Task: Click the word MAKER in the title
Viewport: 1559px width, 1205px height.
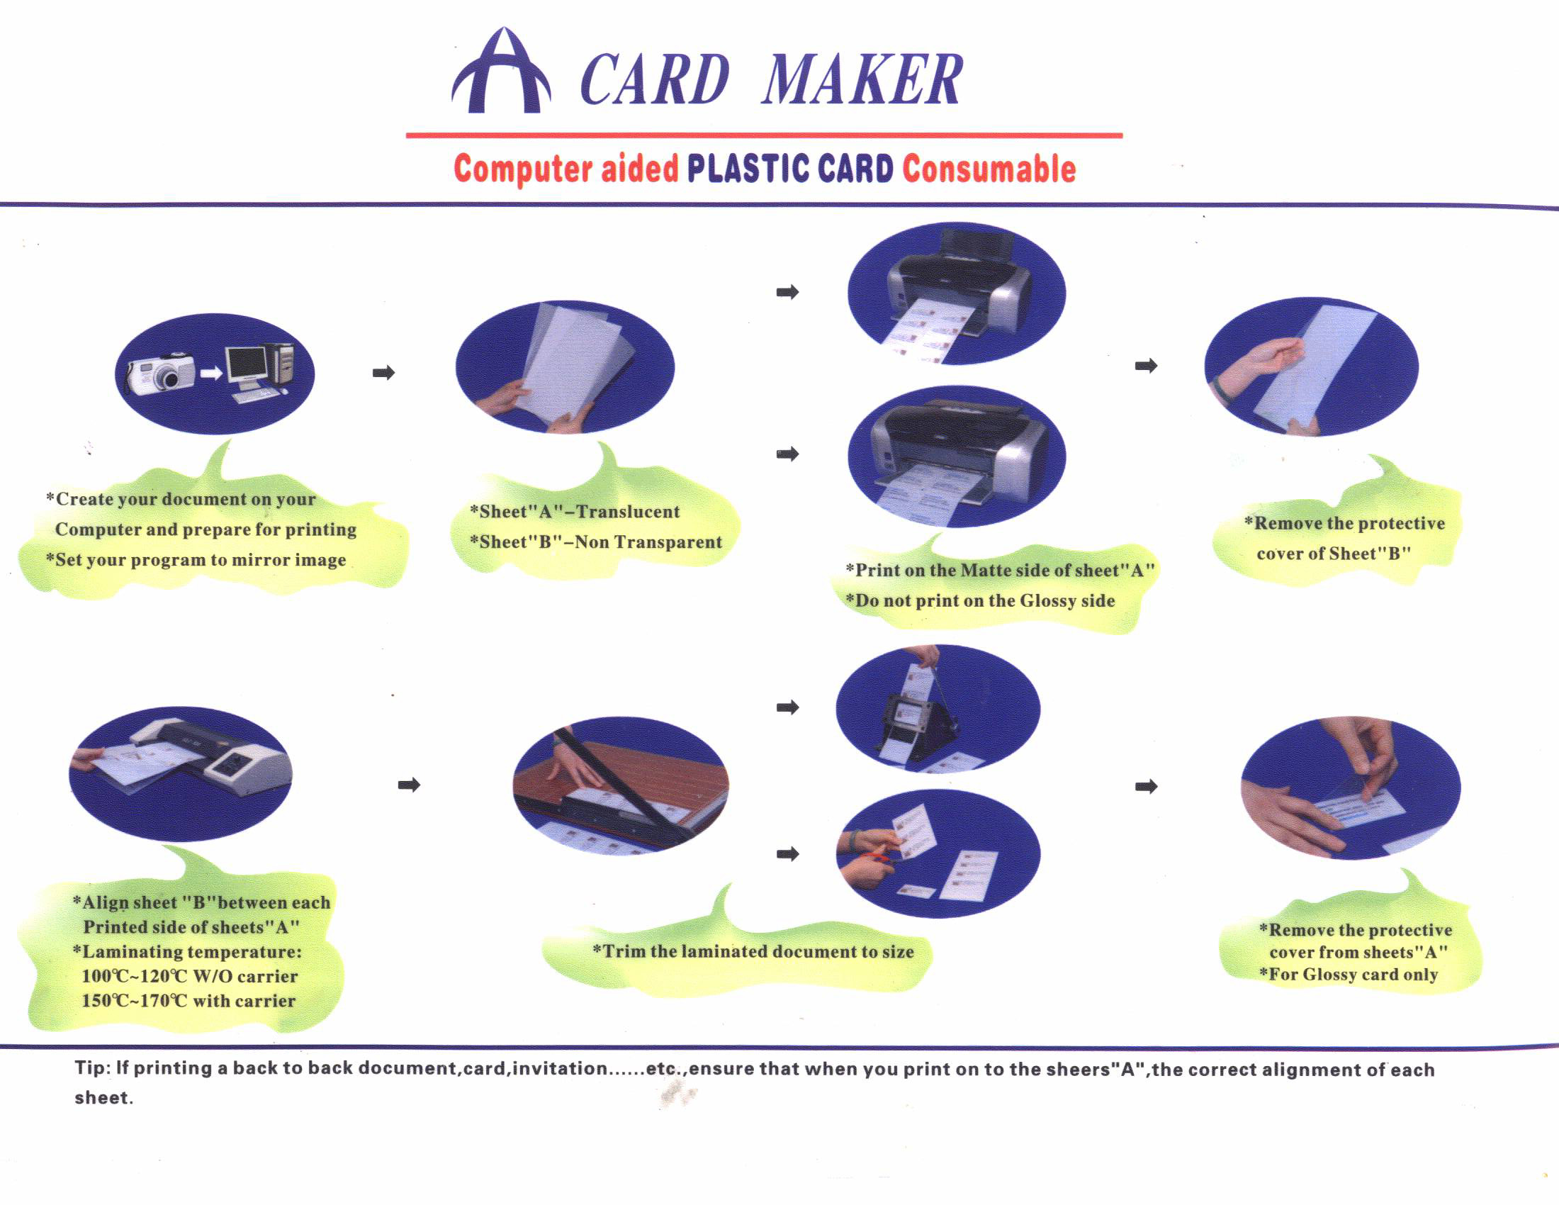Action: coord(862,80)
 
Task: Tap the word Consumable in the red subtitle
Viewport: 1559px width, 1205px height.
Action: coord(989,169)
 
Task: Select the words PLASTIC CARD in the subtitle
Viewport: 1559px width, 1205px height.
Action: coord(789,169)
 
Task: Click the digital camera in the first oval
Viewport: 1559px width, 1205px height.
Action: coord(162,373)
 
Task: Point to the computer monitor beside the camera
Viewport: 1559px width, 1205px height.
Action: coord(247,366)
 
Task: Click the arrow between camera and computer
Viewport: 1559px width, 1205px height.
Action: coord(210,374)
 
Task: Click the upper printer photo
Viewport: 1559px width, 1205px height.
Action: coord(957,294)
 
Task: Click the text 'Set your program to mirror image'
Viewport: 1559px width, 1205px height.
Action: coord(196,560)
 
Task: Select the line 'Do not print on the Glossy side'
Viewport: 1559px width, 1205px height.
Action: coord(980,600)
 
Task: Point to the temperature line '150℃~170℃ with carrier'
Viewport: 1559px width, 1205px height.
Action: coord(188,1001)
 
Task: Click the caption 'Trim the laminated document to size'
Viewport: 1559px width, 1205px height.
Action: coord(753,951)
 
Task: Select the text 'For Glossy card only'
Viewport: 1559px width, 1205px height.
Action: coord(1349,975)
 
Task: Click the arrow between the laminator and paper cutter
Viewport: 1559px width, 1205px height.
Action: coord(409,785)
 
